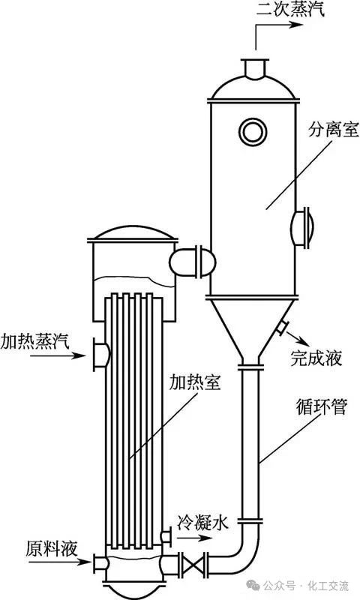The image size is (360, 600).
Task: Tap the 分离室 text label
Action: (334, 130)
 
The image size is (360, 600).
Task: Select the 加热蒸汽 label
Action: (34, 340)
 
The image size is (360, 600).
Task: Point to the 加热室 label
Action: (195, 382)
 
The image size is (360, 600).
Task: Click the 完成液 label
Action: (316, 358)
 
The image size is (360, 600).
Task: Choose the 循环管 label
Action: (321, 406)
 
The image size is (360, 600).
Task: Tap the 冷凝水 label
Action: (202, 522)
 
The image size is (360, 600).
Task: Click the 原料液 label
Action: (52, 548)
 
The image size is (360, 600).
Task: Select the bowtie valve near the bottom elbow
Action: (193, 565)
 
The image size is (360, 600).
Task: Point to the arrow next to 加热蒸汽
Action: (58, 355)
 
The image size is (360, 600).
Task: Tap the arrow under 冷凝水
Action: (195, 538)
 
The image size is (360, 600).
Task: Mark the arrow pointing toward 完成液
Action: (297, 337)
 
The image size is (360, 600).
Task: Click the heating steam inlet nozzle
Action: (102, 354)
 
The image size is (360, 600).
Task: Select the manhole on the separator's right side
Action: (303, 228)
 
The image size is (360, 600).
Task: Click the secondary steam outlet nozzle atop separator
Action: (254, 69)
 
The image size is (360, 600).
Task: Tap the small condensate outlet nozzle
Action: (166, 536)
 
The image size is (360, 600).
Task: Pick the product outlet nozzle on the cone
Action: (282, 327)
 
